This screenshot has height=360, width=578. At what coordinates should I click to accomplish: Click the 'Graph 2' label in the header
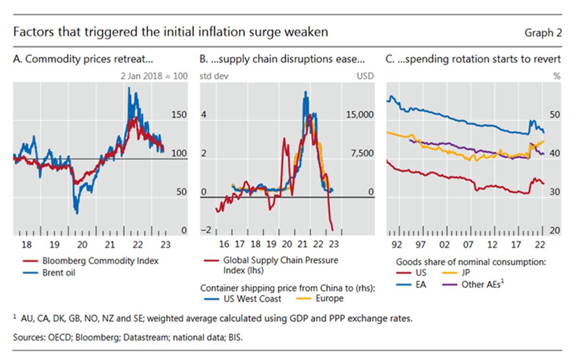[543, 33]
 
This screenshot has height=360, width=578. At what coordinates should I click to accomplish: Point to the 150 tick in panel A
[179, 115]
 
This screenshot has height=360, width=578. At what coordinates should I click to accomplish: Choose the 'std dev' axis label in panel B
[211, 76]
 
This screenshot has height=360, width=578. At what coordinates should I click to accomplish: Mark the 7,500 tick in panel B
[362, 154]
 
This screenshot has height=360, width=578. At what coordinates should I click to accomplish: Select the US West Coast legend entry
[251, 298]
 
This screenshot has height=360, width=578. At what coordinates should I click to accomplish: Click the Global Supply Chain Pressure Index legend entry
[280, 265]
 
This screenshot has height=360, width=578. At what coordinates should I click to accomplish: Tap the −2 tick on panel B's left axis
[206, 231]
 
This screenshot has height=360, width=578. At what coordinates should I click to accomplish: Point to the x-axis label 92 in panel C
[397, 244]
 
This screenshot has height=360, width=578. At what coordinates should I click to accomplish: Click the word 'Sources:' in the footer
[29, 337]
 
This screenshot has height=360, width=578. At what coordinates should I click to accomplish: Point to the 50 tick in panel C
[555, 115]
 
